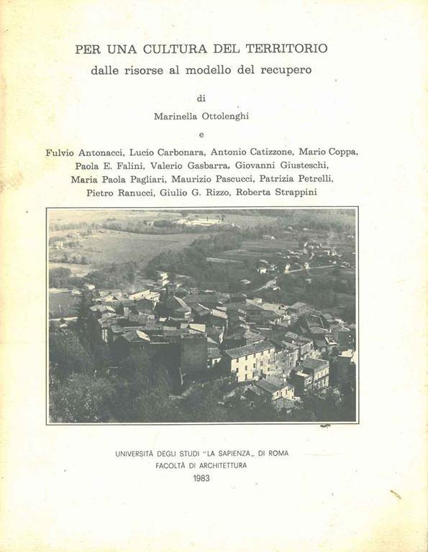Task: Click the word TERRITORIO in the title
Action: point(286,49)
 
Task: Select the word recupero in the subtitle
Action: point(290,70)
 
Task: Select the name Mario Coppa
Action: point(328,152)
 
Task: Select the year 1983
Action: point(201,478)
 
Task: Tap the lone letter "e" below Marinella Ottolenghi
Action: point(201,134)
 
